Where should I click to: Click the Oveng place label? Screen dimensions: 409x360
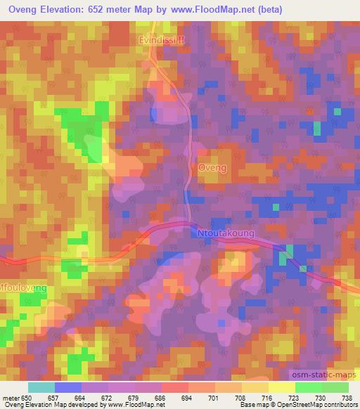(212, 168)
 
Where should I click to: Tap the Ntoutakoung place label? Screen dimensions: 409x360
(228, 231)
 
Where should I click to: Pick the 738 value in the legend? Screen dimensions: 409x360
(347, 398)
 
